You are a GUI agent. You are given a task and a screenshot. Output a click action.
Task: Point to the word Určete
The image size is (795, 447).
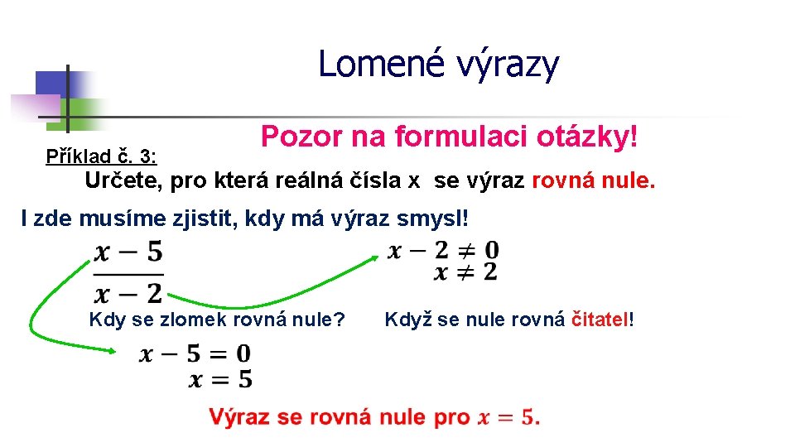(124, 181)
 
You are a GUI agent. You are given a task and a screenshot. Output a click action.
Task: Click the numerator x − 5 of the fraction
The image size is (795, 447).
(128, 250)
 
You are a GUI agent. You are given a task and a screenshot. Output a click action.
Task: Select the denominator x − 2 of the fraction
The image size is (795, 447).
(128, 291)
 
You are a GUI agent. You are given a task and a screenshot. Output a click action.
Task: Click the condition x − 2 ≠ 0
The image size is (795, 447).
(444, 249)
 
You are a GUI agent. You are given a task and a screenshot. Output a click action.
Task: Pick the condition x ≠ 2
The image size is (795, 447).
(465, 271)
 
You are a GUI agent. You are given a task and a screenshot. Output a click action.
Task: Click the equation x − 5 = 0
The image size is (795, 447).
(195, 354)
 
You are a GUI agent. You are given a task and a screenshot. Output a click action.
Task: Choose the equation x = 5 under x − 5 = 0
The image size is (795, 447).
(220, 379)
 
